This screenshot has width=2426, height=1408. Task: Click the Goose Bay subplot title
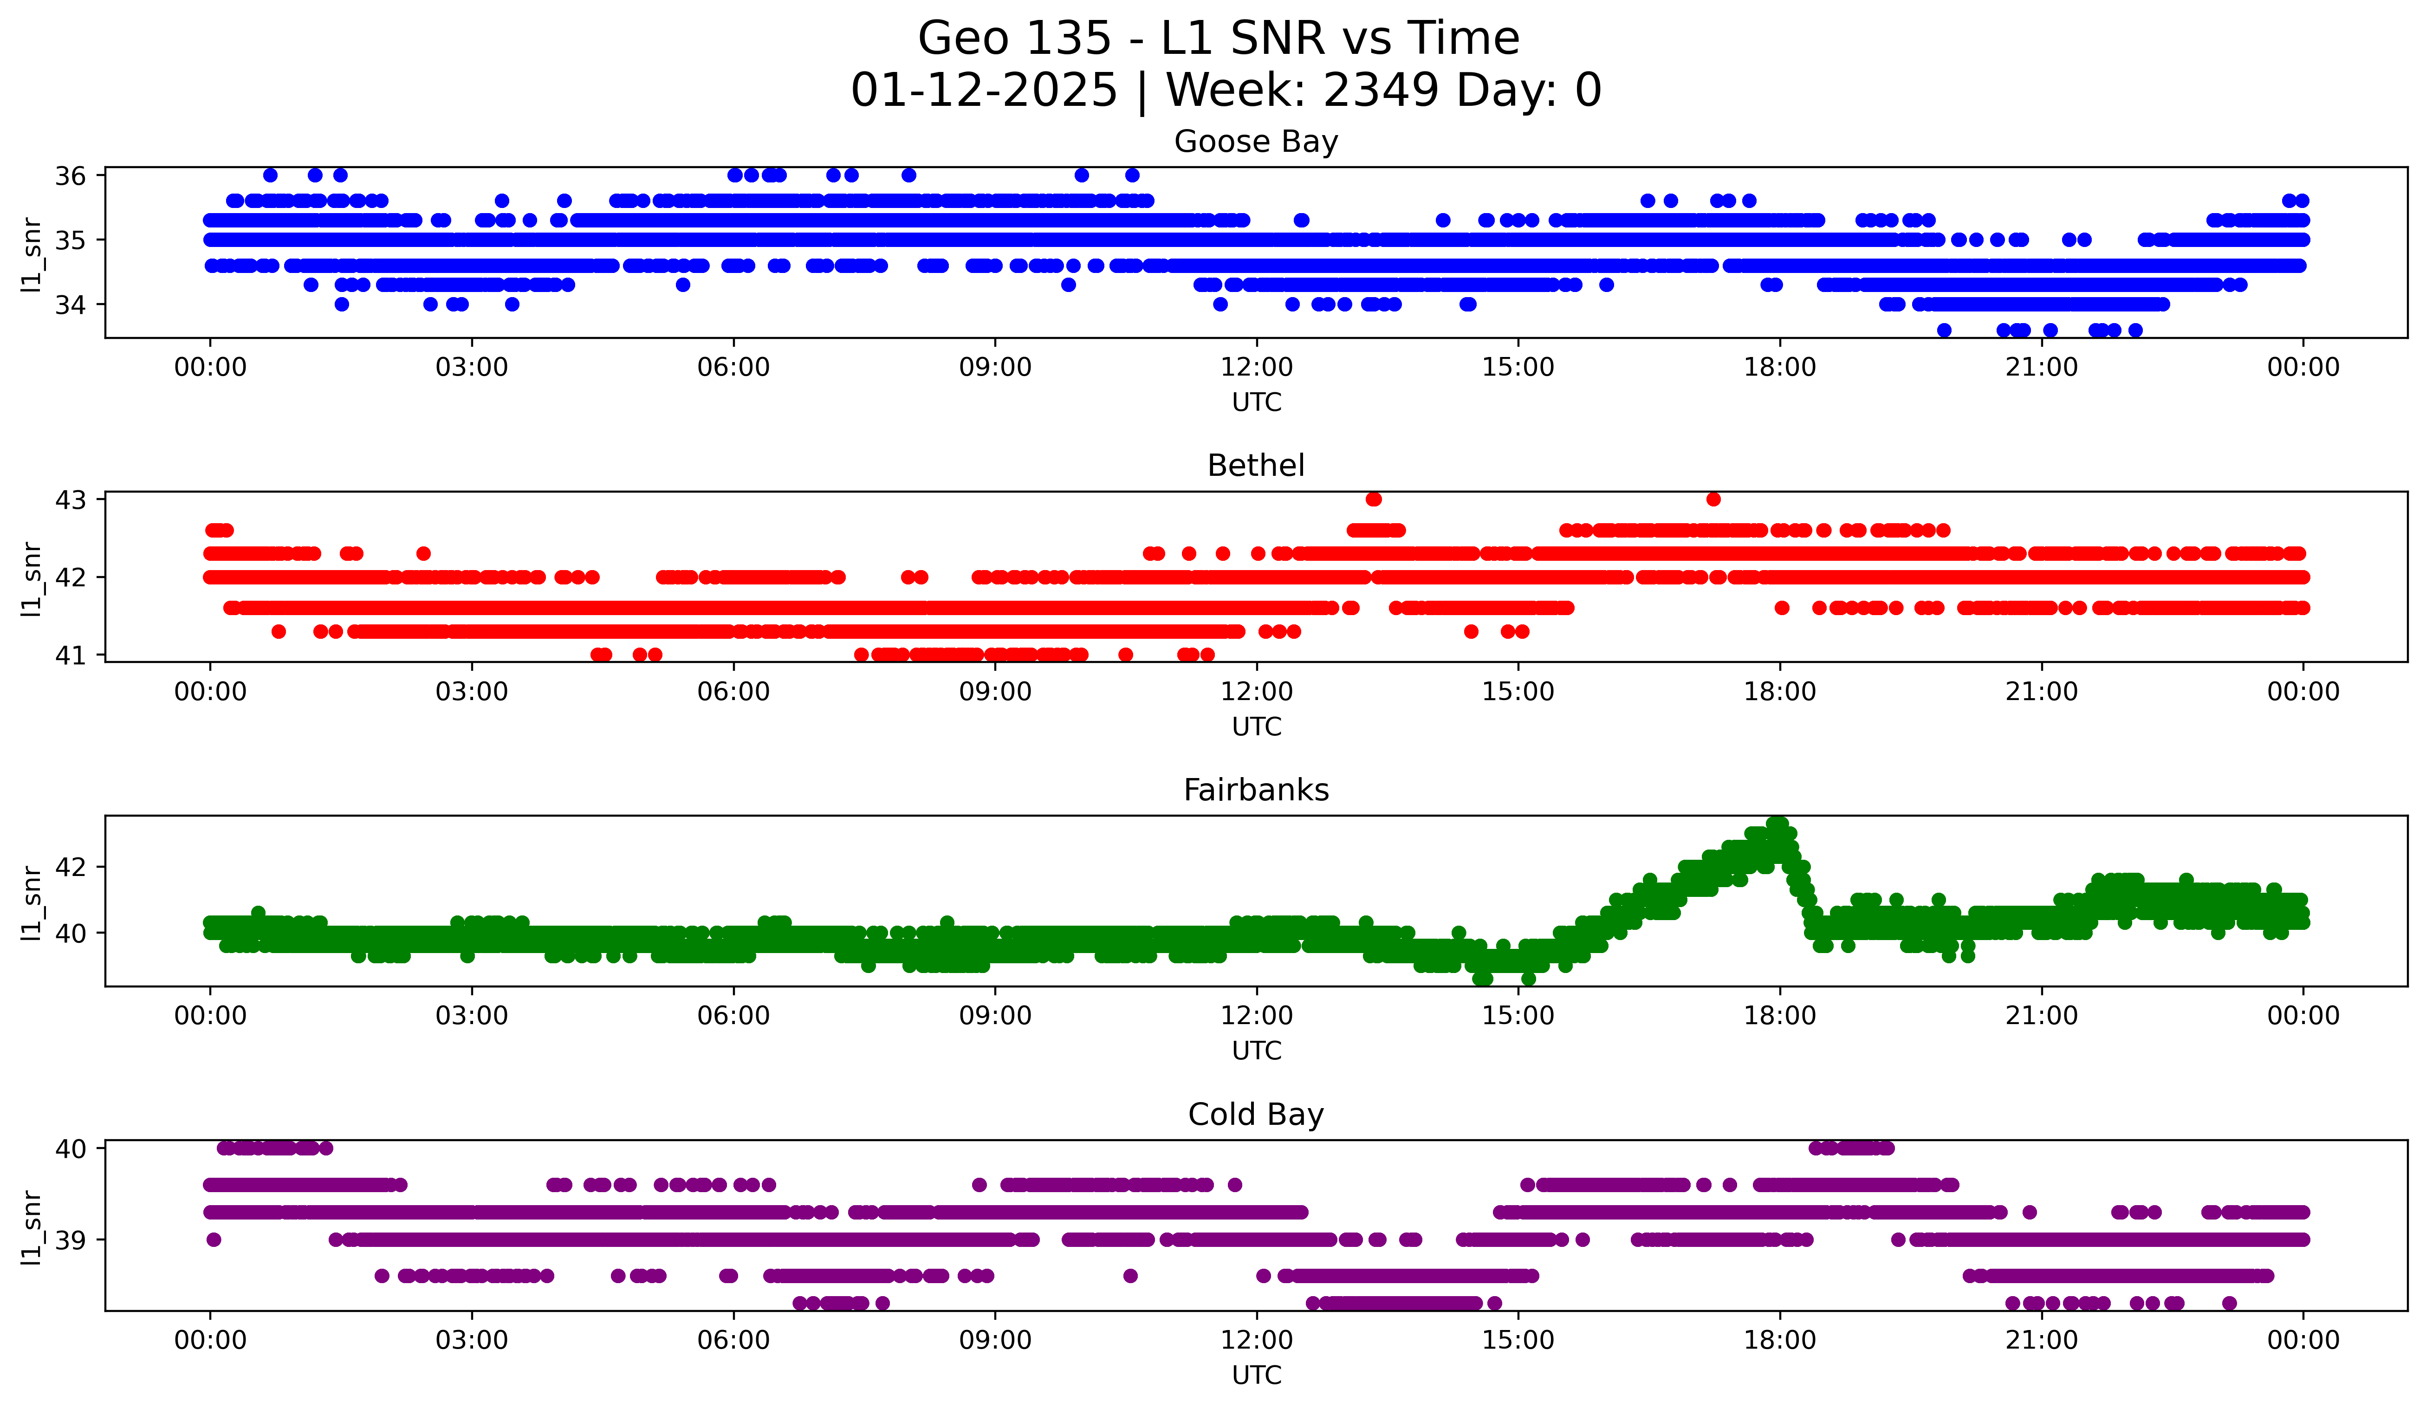tap(1255, 142)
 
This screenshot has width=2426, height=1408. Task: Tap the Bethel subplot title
tap(1255, 466)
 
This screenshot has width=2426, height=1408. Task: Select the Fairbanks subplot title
tap(1255, 790)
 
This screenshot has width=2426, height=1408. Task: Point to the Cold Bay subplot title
tap(1255, 1115)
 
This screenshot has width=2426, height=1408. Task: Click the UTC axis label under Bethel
tap(1256, 727)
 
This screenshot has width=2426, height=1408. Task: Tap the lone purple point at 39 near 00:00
tap(214, 1239)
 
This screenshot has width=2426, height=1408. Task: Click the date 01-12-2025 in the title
tap(984, 91)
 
